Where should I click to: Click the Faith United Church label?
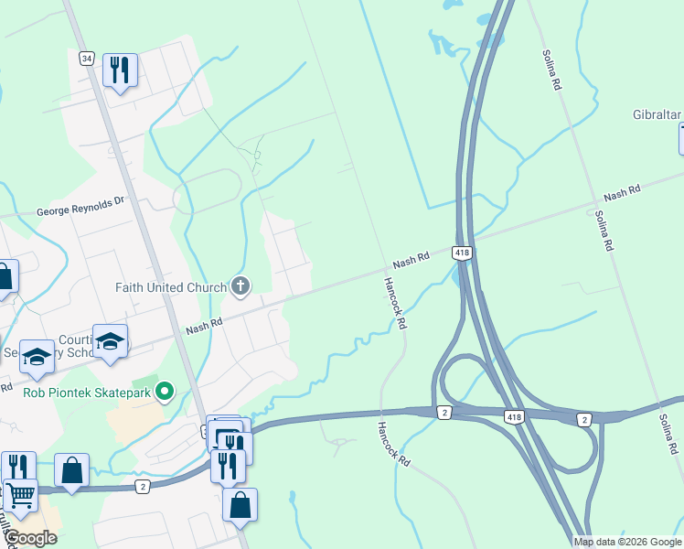(170, 287)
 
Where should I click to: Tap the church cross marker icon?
(240, 287)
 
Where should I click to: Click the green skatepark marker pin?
(165, 393)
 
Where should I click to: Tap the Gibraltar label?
(657, 114)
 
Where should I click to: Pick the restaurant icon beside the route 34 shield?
(120, 70)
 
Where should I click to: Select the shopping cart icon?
(21, 497)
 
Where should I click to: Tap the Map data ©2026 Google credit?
(627, 542)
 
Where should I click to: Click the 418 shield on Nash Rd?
(462, 252)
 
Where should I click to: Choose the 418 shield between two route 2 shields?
(515, 416)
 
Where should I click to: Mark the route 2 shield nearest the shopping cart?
(143, 487)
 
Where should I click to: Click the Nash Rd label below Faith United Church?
(204, 324)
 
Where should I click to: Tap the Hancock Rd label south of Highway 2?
(390, 445)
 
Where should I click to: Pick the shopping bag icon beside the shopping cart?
(72, 470)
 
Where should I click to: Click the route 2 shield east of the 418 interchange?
(583, 419)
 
